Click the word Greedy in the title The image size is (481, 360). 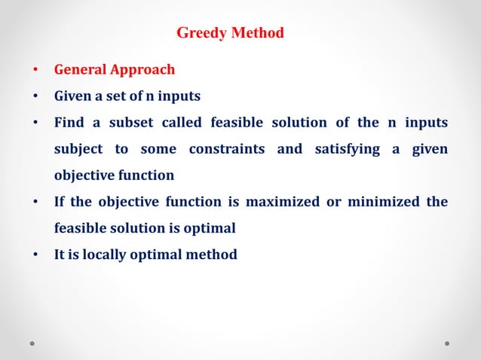pos(198,33)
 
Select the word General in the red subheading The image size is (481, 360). pos(79,70)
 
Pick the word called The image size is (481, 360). pos(180,123)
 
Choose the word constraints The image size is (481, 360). pos(226,149)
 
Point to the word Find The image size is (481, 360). pos(68,123)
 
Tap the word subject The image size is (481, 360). pos(78,149)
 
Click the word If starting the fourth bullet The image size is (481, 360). pos(60,202)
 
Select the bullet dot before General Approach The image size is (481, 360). pos(35,71)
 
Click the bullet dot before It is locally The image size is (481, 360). pos(35,255)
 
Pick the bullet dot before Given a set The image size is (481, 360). pos(35,97)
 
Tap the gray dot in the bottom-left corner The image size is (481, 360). pos(33,343)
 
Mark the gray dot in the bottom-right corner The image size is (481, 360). pos(447,343)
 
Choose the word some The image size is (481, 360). pos(158,149)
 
